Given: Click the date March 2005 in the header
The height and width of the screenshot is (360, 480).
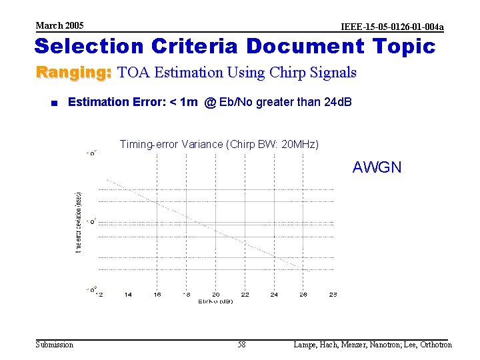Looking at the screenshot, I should pos(59,25).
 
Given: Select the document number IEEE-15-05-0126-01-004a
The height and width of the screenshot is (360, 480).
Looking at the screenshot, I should pos(392,27).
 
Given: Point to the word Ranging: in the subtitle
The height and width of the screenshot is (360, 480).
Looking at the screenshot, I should pos(73,72).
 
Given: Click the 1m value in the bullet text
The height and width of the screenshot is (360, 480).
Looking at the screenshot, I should pos(189,102).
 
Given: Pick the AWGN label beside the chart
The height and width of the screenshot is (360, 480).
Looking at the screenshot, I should pos(377,167).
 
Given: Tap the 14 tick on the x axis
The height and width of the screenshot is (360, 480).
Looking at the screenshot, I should pos(127,294).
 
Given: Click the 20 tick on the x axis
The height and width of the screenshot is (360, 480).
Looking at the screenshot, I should pos(216,294).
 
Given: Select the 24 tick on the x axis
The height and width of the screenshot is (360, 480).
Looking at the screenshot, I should pos(274,294).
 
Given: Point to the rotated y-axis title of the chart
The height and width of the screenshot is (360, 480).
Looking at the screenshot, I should pos(79,221).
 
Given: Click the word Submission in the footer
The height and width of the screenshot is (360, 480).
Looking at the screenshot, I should pos(55,345).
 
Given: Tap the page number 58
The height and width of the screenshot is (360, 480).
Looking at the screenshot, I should pos(241,345).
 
